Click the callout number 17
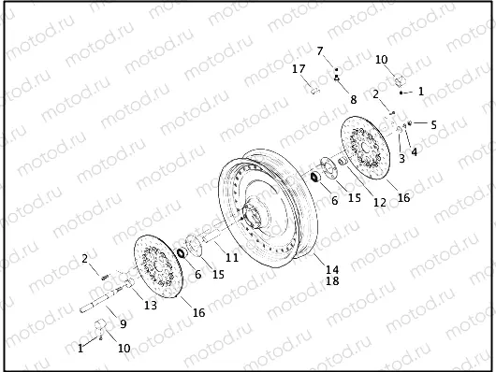[299, 69]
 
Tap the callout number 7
[319, 50]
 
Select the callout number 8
[353, 98]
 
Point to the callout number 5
[433, 123]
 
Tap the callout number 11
[231, 256]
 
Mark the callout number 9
[122, 324]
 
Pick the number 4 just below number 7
[336, 79]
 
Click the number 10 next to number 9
[124, 348]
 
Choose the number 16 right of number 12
[403, 197]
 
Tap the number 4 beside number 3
[415, 150]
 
